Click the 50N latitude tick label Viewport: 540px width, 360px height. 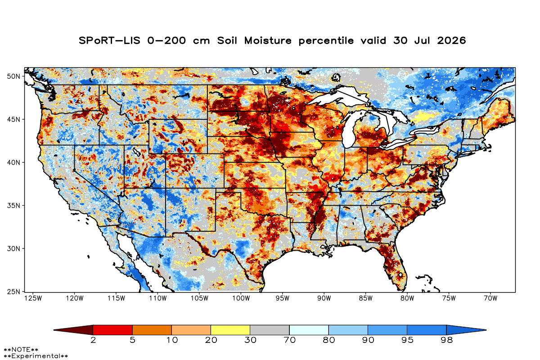[x=13, y=76]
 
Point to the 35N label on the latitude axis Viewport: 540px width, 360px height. [x=13, y=206]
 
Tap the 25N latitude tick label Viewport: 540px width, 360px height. [x=13, y=292]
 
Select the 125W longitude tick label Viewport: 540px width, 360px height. [x=33, y=298]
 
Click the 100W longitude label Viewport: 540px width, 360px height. [x=241, y=298]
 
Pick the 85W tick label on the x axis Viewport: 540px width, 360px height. [x=366, y=298]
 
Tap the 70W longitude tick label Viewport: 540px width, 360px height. [x=490, y=298]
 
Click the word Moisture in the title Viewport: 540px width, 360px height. [x=268, y=40]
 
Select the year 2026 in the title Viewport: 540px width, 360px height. [x=451, y=40]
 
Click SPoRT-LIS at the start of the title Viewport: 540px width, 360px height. [x=109, y=40]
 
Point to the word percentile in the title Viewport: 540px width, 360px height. [x=326, y=41]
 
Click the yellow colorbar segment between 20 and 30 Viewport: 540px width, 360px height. [x=230, y=330]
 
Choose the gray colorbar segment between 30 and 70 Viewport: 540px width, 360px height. [x=270, y=330]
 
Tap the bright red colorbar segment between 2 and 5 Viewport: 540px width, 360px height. [x=112, y=330]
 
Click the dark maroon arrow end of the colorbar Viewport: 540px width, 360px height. [x=73, y=330]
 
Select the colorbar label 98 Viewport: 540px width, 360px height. [x=446, y=340]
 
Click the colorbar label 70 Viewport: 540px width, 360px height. [x=289, y=340]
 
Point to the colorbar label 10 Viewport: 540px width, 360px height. [x=172, y=340]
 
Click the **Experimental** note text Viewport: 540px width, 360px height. [x=36, y=356]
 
